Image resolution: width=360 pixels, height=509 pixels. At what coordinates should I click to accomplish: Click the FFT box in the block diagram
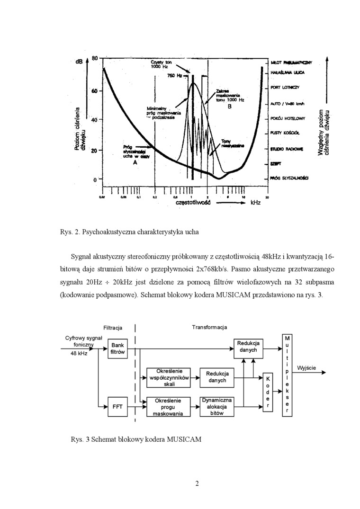click(117, 406)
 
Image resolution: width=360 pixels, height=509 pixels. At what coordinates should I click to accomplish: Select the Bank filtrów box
click(117, 349)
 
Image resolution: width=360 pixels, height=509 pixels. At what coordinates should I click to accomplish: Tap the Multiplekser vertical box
click(288, 375)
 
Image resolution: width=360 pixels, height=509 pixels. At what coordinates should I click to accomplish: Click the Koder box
click(268, 392)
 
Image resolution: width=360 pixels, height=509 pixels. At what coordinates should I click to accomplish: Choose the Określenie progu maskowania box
click(165, 407)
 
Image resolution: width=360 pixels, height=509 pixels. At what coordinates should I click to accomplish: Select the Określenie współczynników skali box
click(169, 377)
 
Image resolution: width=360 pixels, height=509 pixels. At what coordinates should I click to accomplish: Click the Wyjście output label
click(306, 368)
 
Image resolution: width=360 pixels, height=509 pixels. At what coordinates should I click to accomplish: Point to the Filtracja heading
click(113, 327)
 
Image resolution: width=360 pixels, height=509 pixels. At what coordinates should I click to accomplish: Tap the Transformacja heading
click(209, 327)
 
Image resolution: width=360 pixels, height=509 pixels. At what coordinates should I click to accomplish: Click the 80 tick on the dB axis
click(94, 58)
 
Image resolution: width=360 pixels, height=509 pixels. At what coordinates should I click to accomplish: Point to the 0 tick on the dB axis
click(94, 180)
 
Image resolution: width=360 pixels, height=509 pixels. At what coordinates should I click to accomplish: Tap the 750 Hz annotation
click(175, 76)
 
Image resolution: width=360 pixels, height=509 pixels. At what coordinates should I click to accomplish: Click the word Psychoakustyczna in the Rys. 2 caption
click(108, 232)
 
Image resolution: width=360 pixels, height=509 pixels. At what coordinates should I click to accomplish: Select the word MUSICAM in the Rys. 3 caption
click(184, 439)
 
